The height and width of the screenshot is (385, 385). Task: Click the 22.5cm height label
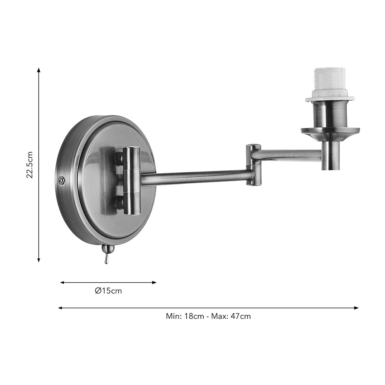point(30,165)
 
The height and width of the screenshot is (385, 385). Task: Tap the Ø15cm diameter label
point(108,291)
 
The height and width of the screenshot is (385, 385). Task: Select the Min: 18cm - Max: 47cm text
point(208,316)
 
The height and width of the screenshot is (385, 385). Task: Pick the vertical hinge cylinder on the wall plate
point(132,181)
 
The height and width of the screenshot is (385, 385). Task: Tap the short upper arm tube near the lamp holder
point(291,154)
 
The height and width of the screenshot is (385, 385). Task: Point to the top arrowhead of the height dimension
point(39,70)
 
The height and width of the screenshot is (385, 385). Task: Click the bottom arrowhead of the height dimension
point(39,260)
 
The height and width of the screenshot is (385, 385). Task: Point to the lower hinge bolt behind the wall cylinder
point(119,202)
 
